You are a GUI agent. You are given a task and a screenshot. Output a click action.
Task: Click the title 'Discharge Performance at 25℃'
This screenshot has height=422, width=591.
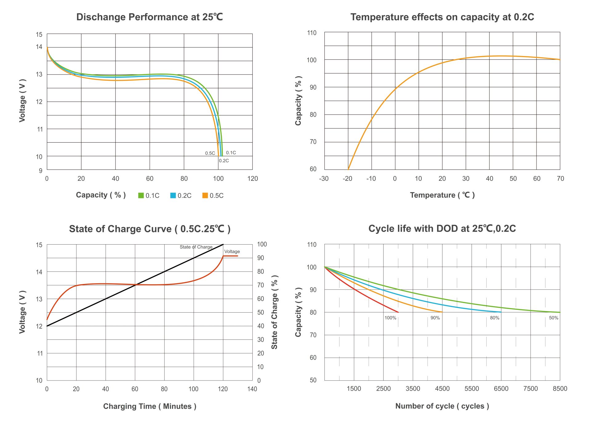pyautogui.click(x=150, y=17)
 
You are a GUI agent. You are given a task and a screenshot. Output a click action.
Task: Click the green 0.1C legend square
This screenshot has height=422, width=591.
pyautogui.click(x=141, y=195)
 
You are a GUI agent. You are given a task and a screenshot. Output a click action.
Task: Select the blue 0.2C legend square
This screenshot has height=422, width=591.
pyautogui.click(x=173, y=195)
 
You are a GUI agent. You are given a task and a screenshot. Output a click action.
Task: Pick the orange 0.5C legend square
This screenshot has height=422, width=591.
pyautogui.click(x=205, y=195)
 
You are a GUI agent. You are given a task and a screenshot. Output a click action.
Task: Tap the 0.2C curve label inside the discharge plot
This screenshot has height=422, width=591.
pyautogui.click(x=224, y=161)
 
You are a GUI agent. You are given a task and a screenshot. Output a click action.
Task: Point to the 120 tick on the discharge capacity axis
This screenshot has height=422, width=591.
pyautogui.click(x=252, y=179)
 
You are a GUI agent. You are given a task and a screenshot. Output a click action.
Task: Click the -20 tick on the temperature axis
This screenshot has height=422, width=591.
pyautogui.click(x=347, y=179)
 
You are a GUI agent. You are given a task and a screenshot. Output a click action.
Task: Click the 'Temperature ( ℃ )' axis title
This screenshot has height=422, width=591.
pyautogui.click(x=442, y=195)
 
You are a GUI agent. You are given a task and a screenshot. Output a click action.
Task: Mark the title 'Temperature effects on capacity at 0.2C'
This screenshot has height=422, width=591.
pyautogui.click(x=442, y=17)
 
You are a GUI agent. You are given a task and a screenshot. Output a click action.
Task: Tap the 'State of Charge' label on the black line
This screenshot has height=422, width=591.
pyautogui.click(x=196, y=247)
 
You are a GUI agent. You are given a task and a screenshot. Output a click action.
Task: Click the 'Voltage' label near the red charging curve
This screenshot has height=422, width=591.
pyautogui.click(x=232, y=252)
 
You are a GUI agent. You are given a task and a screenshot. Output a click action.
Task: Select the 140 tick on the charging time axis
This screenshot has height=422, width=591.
pyautogui.click(x=252, y=389)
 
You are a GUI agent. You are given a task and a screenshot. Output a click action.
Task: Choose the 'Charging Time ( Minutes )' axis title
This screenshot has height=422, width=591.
pyautogui.click(x=150, y=406)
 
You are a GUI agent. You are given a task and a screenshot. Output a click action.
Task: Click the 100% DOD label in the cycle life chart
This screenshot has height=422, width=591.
pyautogui.click(x=390, y=318)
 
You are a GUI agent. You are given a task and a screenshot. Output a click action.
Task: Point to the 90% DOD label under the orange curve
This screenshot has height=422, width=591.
pyautogui.click(x=435, y=318)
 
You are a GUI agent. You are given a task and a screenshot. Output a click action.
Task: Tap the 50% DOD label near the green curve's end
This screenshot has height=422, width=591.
pyautogui.click(x=553, y=318)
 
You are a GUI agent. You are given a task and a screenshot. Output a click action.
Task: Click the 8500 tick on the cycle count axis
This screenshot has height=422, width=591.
pyautogui.click(x=560, y=389)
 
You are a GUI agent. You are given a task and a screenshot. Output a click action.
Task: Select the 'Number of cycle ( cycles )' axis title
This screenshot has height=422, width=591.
pyautogui.click(x=442, y=406)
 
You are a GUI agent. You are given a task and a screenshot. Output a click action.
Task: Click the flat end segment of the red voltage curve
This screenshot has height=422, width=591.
pyautogui.click(x=231, y=256)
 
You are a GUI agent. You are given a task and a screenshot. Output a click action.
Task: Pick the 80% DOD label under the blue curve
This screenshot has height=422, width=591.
pyautogui.click(x=495, y=318)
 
